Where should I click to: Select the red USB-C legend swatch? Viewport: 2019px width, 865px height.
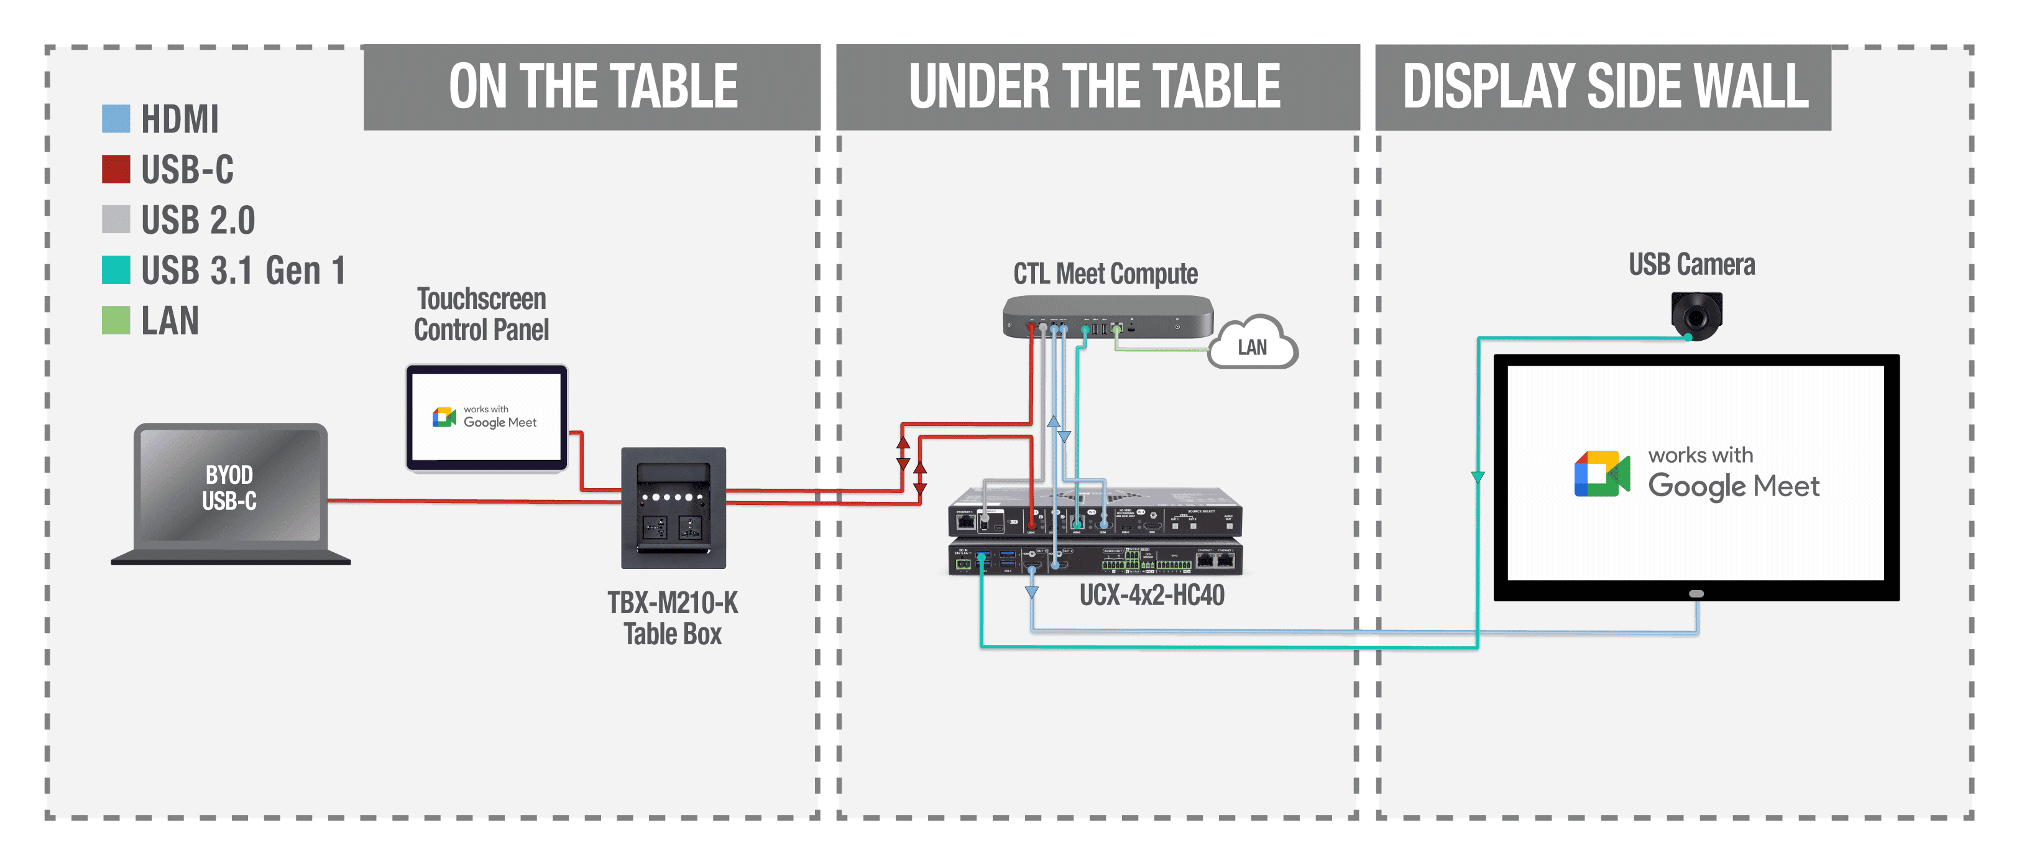tap(116, 169)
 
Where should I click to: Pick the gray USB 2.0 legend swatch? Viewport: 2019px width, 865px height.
tap(116, 220)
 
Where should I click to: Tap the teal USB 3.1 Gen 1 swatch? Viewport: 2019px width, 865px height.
tap(116, 270)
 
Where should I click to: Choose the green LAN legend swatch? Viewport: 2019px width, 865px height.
tap(116, 320)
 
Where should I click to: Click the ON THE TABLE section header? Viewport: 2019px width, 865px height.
tap(592, 87)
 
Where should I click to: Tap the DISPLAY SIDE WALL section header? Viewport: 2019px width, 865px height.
tap(1604, 87)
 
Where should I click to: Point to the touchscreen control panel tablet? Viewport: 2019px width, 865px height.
tap(487, 417)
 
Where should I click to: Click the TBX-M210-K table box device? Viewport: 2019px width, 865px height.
tap(673, 507)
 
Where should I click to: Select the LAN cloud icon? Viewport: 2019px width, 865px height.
tap(1253, 345)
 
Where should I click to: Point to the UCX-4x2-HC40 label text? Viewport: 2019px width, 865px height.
tap(1151, 595)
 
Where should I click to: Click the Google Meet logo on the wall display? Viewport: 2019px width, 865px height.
tap(1602, 474)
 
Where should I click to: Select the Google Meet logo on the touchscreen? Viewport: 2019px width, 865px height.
tap(444, 417)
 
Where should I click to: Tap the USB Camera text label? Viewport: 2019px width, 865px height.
tap(1691, 265)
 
